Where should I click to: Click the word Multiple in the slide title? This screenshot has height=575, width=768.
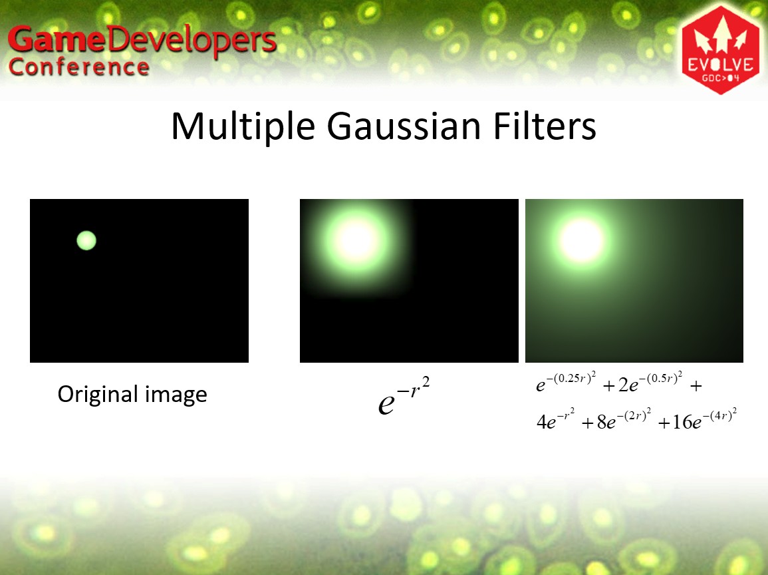(243, 126)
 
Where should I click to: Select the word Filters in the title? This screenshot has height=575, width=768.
(545, 126)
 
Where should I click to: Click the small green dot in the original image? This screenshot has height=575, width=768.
(86, 241)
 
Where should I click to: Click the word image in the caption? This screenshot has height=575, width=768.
(176, 395)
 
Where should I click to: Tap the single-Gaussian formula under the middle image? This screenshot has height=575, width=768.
(404, 396)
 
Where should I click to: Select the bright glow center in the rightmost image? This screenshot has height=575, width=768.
(581, 241)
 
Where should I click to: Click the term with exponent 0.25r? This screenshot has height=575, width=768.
(566, 383)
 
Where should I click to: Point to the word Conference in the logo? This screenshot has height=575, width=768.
(79, 67)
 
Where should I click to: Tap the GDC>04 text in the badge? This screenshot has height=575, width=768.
(721, 78)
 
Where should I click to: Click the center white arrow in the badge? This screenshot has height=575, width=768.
(721, 33)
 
